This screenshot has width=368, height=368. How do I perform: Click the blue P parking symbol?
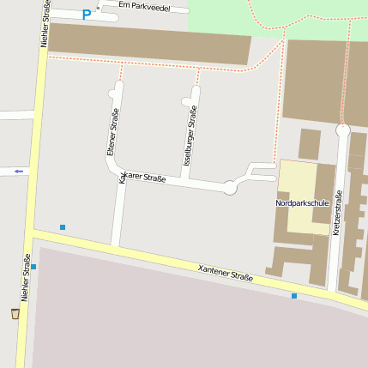point(86,14)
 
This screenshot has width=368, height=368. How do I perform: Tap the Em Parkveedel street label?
point(143,6)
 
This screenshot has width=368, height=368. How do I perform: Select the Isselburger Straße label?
point(190,136)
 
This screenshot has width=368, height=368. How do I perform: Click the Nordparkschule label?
point(303,203)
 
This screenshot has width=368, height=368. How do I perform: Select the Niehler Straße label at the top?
point(45,24)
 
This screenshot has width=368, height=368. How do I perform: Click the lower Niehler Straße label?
point(26,277)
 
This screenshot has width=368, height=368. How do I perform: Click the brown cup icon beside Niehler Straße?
point(15,314)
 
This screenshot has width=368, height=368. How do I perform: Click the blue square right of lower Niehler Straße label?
point(33,267)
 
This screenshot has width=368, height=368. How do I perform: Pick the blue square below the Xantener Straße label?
point(294,295)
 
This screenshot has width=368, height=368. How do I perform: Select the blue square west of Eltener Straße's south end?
point(63,226)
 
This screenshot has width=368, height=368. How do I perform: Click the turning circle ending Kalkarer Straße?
point(230,188)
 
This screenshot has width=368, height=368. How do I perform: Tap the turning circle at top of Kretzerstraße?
point(343,130)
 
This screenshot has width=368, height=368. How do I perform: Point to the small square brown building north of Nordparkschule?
point(309,143)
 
